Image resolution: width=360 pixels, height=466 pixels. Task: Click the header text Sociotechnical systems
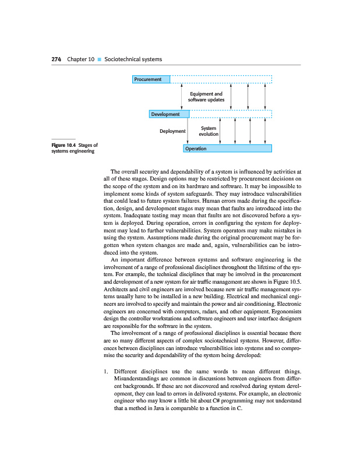tap(133, 59)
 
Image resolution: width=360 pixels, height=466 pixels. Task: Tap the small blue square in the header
tap(100, 60)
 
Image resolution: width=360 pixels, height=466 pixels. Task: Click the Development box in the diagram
tap(168, 114)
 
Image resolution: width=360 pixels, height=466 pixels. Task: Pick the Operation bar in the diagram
tap(228, 149)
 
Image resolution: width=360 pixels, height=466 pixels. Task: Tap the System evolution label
tap(209, 131)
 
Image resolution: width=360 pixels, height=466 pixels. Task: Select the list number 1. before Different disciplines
tap(105, 371)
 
